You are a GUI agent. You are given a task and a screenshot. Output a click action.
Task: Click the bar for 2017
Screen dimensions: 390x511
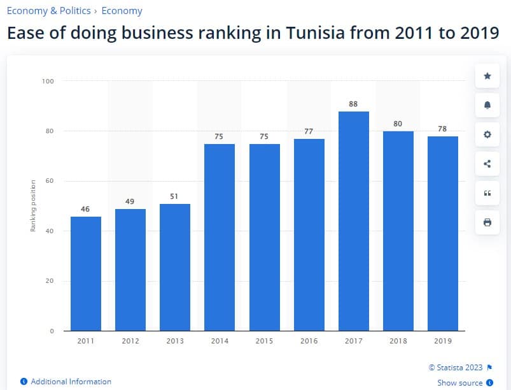coord(353,220)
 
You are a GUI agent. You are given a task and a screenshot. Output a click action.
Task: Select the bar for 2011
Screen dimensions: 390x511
coord(85,273)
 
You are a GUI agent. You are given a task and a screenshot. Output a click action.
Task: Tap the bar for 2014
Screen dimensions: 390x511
coord(220,237)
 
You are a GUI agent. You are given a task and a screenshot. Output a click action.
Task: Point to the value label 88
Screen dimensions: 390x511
coord(353,104)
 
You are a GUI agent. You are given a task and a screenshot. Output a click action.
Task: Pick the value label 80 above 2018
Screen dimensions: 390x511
coord(398,124)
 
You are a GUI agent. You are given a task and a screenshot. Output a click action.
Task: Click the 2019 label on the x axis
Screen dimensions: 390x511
coord(442,341)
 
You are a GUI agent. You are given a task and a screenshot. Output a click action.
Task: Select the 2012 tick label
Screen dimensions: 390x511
coord(130,341)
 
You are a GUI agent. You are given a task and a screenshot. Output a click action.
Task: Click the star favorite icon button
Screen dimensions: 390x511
coord(487,76)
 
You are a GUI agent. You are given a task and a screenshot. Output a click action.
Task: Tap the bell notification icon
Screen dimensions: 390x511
coord(487,105)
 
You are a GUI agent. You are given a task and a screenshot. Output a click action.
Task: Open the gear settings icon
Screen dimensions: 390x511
coord(487,134)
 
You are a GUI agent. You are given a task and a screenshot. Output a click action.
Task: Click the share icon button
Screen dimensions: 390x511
coord(487,164)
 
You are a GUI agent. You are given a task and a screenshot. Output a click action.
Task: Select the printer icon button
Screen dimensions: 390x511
coord(487,222)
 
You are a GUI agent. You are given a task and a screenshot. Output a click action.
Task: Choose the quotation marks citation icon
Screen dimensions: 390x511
coord(487,193)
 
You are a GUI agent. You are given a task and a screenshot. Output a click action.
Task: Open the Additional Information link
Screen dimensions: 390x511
coord(71,381)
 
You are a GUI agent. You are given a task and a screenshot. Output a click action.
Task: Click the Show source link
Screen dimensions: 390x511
coord(459,383)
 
